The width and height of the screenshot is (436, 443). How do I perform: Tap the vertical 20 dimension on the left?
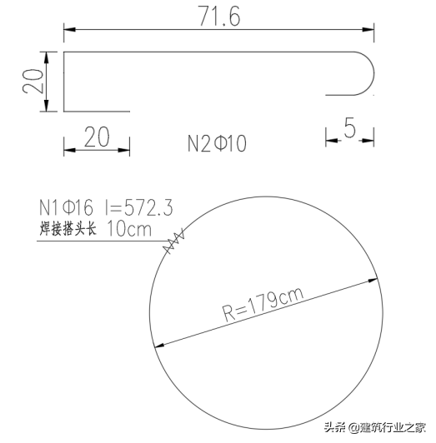click(33, 81)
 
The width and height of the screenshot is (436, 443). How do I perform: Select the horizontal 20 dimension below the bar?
click(96, 137)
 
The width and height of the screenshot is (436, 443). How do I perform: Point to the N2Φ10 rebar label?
click(217, 142)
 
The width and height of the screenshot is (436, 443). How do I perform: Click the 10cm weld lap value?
click(130, 228)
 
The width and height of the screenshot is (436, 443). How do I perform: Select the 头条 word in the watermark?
click(335, 427)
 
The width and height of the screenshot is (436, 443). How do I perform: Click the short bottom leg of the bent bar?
click(97, 110)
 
